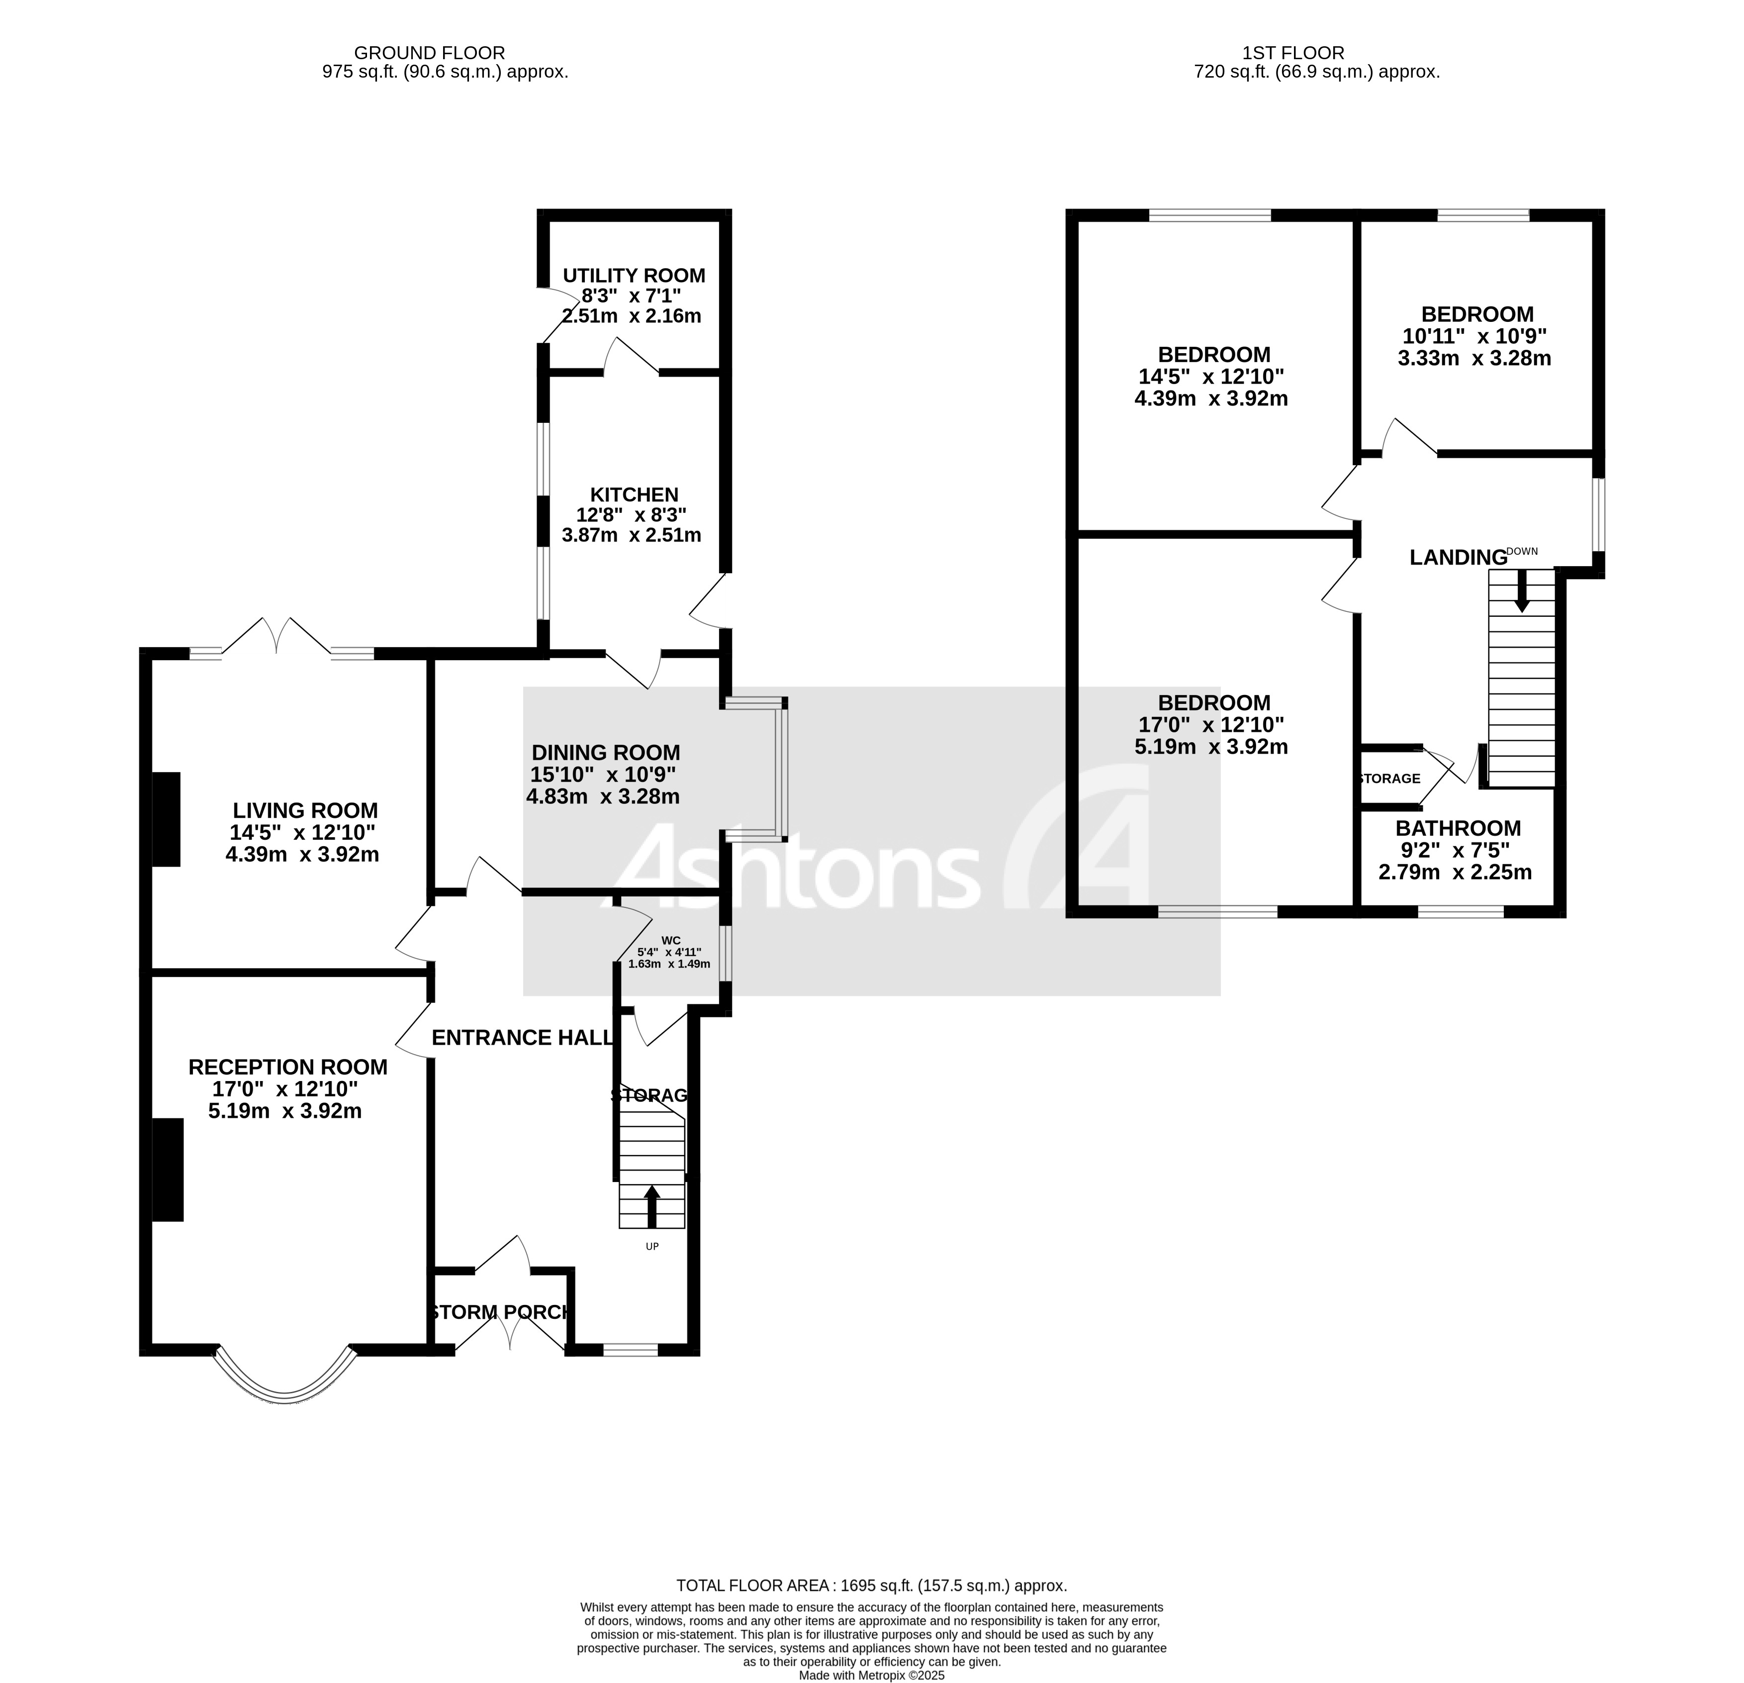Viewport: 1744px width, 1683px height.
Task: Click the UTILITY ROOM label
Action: pos(634,276)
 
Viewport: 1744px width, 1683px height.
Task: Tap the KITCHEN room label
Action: pos(634,495)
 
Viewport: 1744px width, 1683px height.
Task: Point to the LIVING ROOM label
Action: pos(305,811)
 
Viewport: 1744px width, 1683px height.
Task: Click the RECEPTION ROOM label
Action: pos(287,1067)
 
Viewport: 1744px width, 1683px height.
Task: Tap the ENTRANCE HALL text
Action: pos(522,1038)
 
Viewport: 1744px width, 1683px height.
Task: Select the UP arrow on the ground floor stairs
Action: pos(652,1206)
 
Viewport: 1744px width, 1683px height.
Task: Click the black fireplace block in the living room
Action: pos(167,819)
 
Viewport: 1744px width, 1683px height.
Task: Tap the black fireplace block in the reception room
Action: pos(167,1170)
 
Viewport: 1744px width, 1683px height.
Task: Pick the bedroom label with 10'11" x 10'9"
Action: pos(1477,314)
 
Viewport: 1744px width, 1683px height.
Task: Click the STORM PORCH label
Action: pos(501,1312)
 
